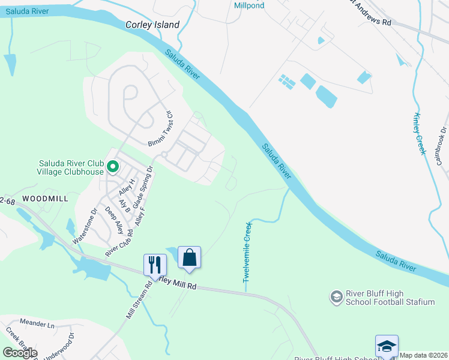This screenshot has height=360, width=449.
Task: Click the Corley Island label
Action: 152,25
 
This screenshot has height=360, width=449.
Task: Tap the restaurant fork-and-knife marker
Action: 154,264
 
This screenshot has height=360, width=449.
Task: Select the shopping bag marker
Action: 189,257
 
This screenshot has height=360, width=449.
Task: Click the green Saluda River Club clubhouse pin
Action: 112,166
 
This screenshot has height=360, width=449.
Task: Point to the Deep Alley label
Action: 115,220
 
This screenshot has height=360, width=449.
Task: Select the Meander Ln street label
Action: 37,324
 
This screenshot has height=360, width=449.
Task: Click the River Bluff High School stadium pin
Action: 336,297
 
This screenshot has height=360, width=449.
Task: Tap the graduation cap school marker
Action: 387,346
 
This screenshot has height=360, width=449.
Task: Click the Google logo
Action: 20,353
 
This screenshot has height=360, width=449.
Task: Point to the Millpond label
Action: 249,5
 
